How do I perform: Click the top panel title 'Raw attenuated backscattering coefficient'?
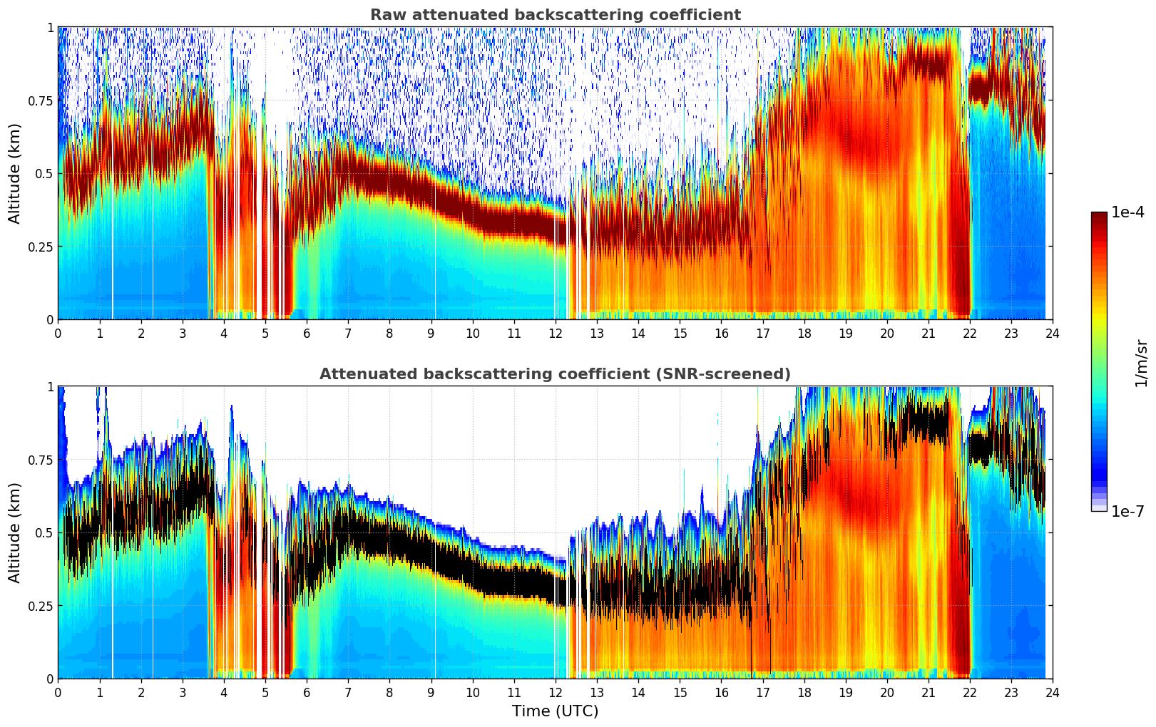555,15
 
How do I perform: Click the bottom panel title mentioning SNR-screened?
555,374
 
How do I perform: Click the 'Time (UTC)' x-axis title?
555,711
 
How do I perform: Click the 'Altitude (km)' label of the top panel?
14,173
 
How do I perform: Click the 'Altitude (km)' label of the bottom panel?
14,532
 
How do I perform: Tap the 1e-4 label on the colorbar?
1127,212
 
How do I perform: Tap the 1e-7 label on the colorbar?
1127,511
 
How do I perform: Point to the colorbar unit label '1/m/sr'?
1141,362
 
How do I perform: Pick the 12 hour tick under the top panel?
555,333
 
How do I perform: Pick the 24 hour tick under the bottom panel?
1053,692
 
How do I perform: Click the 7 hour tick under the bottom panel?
348,692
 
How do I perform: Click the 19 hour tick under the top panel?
845,333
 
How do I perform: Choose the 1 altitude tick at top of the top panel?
50,27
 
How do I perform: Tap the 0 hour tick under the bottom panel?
58,692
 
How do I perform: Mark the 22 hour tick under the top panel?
970,333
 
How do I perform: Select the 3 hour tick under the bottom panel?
182,692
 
